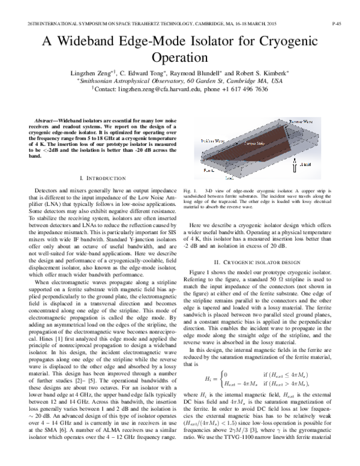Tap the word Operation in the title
tap(180, 59)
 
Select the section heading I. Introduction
tap(102, 178)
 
